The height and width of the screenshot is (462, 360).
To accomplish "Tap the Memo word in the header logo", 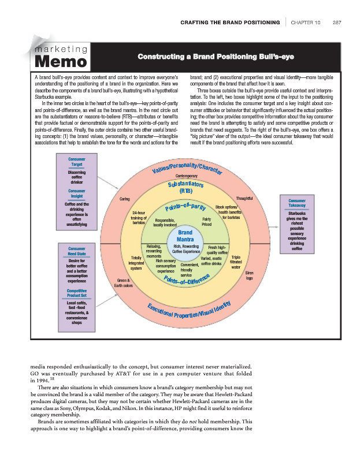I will coord(61,61).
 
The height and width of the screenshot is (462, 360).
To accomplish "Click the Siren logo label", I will coord(249,274).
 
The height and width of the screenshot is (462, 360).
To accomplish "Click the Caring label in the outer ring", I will coord(124,199).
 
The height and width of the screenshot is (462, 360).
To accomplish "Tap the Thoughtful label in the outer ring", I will coord(245,199).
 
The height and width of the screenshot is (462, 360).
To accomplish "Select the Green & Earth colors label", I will coord(123,282).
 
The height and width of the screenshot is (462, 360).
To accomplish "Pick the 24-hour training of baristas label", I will coord(138,217).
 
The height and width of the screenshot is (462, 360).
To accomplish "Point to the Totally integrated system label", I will coord(136,263).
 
